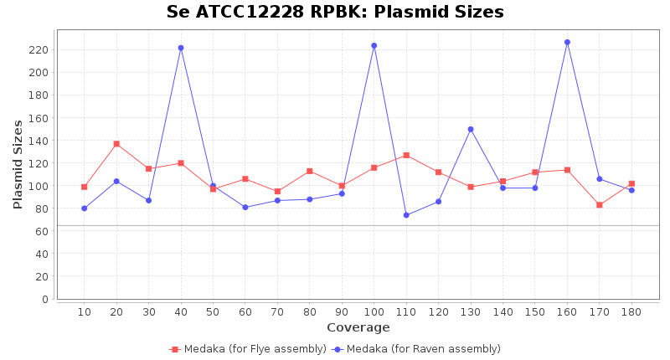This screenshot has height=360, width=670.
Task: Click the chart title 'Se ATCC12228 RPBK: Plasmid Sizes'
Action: pos(335,12)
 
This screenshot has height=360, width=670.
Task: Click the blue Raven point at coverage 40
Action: pos(181,48)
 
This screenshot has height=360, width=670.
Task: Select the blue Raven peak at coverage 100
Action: pos(374,45)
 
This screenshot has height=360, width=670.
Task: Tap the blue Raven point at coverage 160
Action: pos(567,42)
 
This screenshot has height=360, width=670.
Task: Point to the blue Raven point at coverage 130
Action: pos(471,129)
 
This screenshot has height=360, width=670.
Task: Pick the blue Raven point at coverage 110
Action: pos(406,215)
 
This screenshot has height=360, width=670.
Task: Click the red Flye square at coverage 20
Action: pos(116,144)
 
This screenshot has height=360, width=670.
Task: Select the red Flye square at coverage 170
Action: pos(600,205)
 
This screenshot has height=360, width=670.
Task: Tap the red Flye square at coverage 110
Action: pos(406,155)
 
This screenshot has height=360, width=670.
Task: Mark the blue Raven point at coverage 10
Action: pos(84,208)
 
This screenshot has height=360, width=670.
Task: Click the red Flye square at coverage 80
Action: pos(310,171)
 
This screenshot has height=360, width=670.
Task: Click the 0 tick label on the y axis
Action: pos(44,299)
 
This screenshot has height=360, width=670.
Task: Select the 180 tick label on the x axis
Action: pos(631,312)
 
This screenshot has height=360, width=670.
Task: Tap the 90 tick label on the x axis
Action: pos(342,312)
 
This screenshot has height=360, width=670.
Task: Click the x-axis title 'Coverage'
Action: pos(358,327)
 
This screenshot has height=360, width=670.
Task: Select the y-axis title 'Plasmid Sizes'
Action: pos(18,164)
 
